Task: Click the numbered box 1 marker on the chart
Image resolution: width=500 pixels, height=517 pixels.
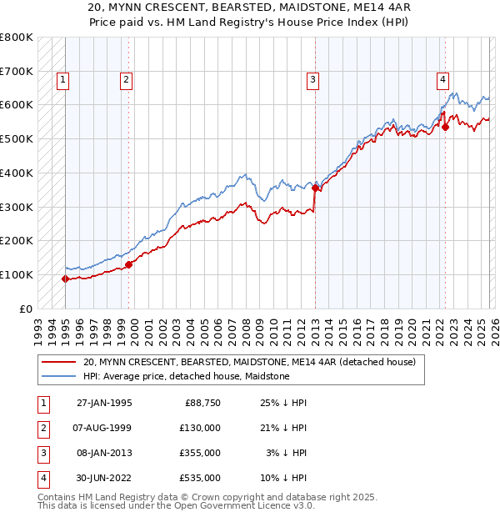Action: pos(64,80)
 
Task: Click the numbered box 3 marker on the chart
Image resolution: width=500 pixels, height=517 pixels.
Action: pos(312,80)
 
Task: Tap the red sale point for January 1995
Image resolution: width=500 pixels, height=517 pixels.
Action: pos(65,279)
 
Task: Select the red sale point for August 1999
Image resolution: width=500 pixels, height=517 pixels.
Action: pos(128,264)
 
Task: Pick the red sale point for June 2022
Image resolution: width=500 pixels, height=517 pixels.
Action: pos(445,127)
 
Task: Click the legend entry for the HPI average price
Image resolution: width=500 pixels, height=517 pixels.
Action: pos(186,376)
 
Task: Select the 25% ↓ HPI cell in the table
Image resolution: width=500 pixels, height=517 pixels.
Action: pos(284,402)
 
